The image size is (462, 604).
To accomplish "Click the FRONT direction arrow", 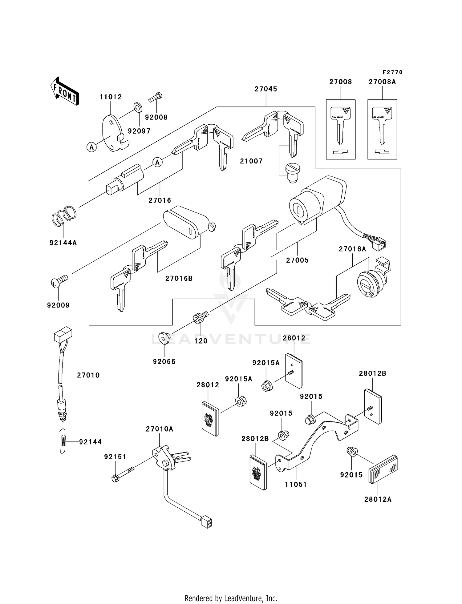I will point(65,91).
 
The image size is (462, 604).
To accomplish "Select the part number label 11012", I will point(111,97).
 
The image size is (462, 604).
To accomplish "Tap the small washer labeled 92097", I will point(137,107).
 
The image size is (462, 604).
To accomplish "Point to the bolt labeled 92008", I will point(156,97).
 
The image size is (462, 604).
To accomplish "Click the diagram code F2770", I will point(393,72).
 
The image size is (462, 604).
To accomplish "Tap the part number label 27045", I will point(266,89).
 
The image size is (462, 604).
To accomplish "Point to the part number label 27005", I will point(297,260).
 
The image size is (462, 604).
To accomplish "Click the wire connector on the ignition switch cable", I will point(380,244).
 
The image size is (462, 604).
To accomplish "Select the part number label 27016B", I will point(179,278).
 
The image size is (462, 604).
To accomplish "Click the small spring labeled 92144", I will point(63,441).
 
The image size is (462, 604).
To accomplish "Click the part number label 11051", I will point(296,485).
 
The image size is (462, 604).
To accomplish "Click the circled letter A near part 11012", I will point(91,147).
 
